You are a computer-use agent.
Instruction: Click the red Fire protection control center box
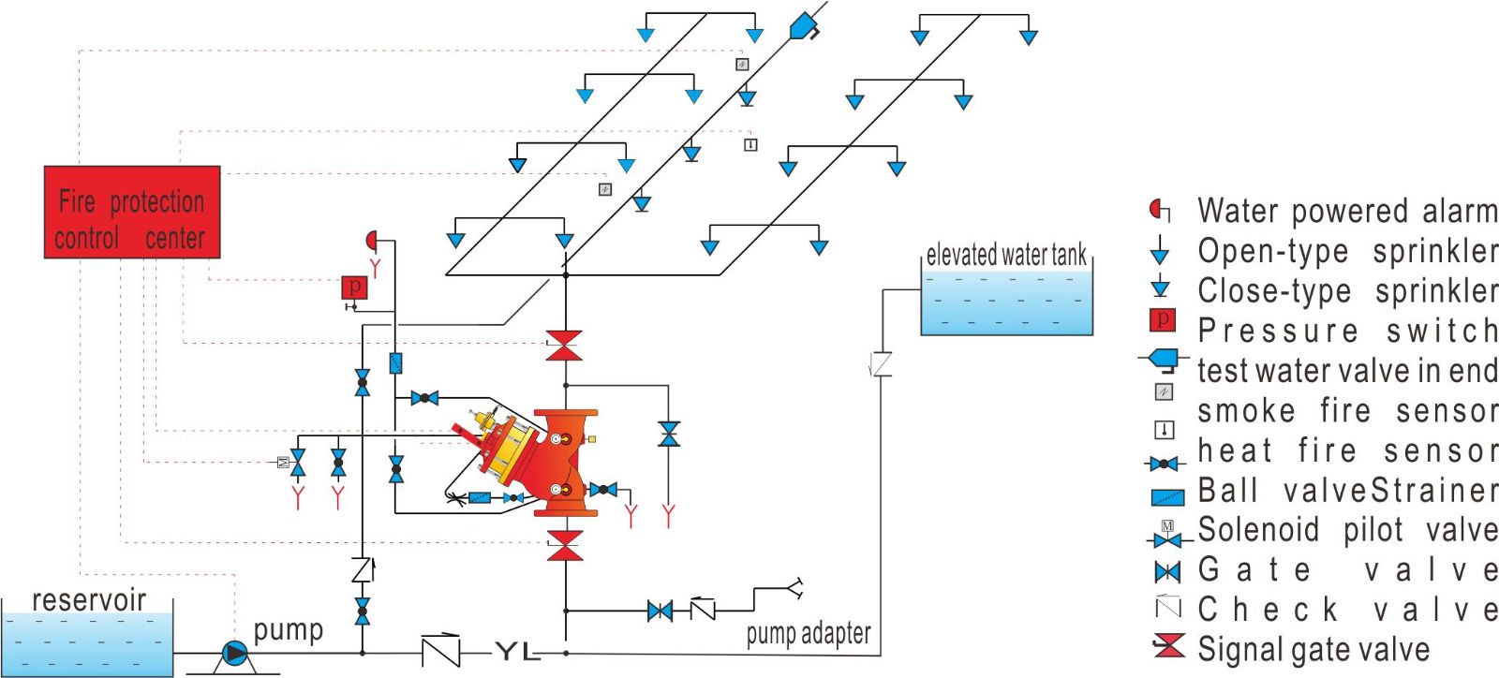(132, 213)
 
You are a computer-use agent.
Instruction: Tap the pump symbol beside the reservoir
(233, 653)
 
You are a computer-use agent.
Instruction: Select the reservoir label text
(89, 599)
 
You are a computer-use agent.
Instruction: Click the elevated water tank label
(1006, 255)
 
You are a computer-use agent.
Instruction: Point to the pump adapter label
(809, 635)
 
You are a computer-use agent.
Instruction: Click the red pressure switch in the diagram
(354, 287)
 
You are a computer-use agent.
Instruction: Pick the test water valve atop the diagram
(804, 25)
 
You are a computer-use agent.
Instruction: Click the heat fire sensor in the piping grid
(750, 144)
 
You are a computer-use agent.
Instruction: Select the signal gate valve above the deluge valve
(564, 345)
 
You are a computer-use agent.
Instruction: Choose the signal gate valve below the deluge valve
(564, 545)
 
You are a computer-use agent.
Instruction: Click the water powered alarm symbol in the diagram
(372, 241)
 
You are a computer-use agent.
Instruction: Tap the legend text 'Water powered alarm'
(1347, 211)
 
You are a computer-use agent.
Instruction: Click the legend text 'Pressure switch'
(1347, 331)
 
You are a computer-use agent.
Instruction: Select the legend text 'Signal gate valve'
(1313, 649)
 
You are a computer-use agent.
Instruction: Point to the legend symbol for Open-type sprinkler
(1160, 250)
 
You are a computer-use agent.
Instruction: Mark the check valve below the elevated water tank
(881, 364)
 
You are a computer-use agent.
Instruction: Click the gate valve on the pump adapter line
(660, 612)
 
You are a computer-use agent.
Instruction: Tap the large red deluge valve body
(564, 462)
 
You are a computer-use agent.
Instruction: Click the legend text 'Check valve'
(1347, 610)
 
